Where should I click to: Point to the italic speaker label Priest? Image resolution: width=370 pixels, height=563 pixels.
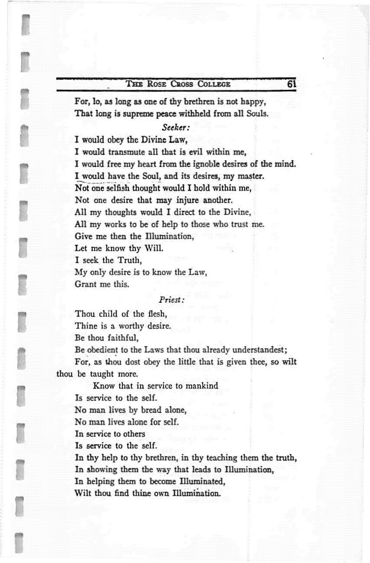tap(172, 299)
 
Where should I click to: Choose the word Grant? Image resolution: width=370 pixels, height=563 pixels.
tap(86, 285)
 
